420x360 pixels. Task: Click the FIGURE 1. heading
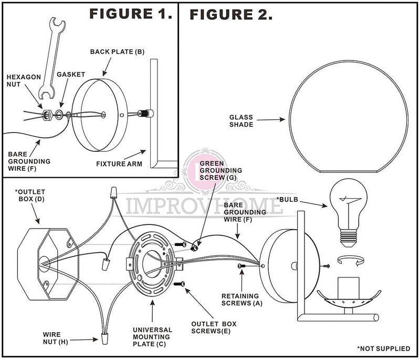[131, 14]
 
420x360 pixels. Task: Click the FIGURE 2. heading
[231, 14]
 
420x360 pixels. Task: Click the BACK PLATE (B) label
[117, 52]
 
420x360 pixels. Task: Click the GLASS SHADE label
[241, 121]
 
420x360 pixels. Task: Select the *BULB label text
[289, 199]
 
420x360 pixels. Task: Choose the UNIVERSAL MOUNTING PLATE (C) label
[152, 336]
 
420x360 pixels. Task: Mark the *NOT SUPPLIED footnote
[385, 348]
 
